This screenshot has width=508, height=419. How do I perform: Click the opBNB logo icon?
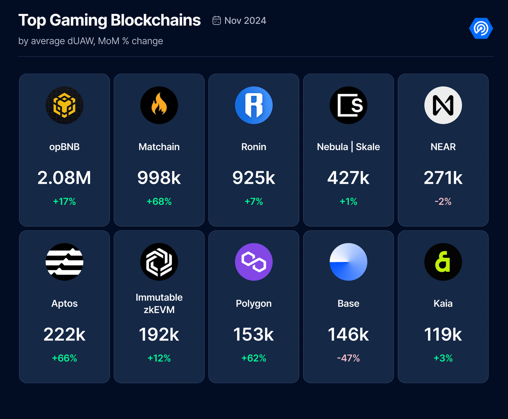[x=64, y=105]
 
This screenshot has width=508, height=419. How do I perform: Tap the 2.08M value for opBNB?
[x=64, y=178]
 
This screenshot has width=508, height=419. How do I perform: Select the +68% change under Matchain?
[x=159, y=202]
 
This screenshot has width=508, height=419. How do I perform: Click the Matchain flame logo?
[x=159, y=105]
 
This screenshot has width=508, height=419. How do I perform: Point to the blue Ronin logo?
[x=254, y=105]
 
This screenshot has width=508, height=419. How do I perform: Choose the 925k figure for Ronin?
[x=254, y=178]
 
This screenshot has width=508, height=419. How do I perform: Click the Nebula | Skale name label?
[x=348, y=147]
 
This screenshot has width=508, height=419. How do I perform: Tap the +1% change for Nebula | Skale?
[x=348, y=202]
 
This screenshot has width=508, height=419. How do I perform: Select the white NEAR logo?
[x=443, y=105]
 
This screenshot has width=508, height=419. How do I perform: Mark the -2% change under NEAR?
[x=443, y=202]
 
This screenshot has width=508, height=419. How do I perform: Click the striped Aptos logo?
[x=64, y=262]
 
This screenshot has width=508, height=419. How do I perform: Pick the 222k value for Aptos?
[x=64, y=335]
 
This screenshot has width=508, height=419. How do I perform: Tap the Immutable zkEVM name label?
[x=159, y=303]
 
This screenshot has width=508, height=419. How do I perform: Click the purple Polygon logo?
[x=254, y=262]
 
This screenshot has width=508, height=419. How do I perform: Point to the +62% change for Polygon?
[x=254, y=358]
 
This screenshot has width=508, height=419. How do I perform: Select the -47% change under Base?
[x=348, y=358]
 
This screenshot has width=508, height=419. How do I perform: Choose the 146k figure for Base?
[x=348, y=335]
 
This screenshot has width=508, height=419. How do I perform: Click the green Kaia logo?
[x=443, y=262]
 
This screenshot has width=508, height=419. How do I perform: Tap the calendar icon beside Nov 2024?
[x=217, y=21]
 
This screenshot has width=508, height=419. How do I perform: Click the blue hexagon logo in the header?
[x=481, y=29]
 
